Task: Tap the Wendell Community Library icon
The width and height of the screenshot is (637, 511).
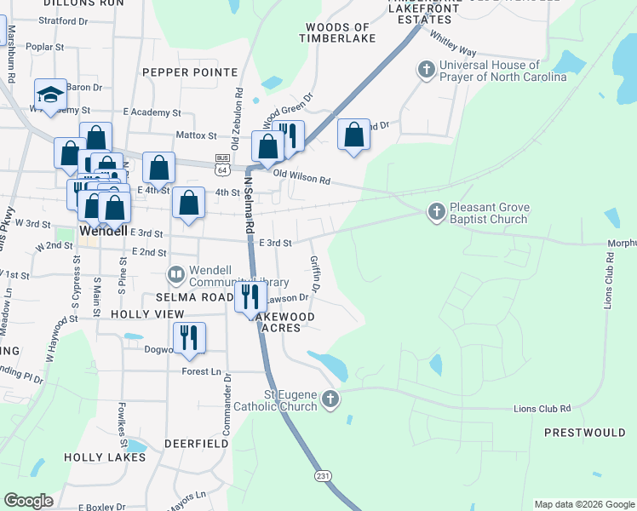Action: click(x=176, y=274)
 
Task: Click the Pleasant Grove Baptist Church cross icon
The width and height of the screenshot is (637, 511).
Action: click(x=436, y=210)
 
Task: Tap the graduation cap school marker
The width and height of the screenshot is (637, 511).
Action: click(x=50, y=95)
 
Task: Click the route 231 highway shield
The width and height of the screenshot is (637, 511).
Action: click(x=321, y=475)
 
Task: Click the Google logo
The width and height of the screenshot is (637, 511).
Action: click(x=28, y=501)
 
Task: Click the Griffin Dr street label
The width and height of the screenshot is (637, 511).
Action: click(x=314, y=274)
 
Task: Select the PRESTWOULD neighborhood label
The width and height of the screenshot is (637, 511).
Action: click(x=584, y=433)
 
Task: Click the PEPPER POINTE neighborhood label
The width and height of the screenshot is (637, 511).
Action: click(x=189, y=73)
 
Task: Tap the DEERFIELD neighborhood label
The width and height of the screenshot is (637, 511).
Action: click(x=195, y=444)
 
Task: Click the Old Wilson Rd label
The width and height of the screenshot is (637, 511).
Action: click(x=301, y=180)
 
